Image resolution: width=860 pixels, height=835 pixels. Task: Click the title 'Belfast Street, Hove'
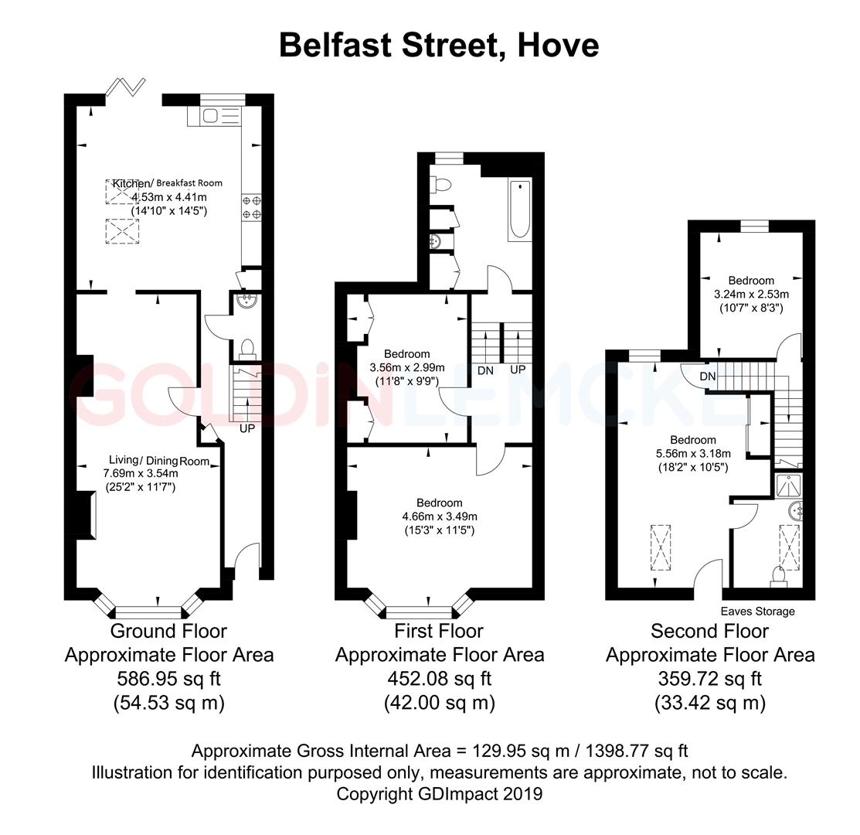click(x=438, y=45)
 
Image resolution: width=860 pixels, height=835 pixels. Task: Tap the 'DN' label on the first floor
click(x=485, y=370)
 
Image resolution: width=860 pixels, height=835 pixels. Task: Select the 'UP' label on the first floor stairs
click(x=517, y=370)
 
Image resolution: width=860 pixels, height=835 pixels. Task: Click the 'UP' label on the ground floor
click(x=247, y=428)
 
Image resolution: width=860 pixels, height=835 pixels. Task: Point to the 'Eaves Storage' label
click(x=757, y=612)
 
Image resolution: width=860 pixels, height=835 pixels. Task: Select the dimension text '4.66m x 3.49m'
click(x=439, y=516)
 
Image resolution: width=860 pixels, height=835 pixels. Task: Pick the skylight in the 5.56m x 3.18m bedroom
click(x=662, y=547)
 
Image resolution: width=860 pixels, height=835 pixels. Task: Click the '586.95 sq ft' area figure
click(x=168, y=679)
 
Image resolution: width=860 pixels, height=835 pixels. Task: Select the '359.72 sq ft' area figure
click(x=709, y=679)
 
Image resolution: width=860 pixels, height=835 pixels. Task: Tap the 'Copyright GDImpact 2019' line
click(x=439, y=793)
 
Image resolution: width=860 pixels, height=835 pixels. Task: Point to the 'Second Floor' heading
click(x=709, y=631)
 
